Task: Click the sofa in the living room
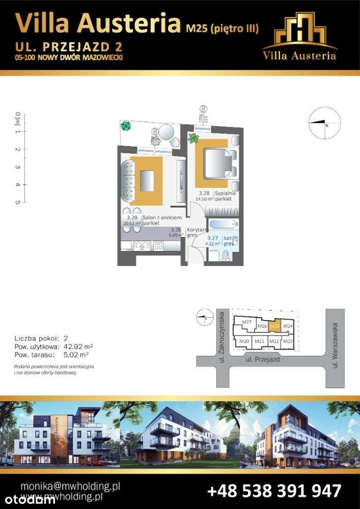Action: coord(126,180)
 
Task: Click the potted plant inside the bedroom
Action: coord(193,138)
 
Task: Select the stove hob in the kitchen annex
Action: coord(158,246)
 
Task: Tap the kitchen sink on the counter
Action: coord(140,246)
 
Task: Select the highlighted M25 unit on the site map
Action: coord(275,326)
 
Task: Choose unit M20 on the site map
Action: coord(244,341)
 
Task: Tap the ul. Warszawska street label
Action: coord(335,351)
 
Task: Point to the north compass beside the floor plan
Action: coord(324,125)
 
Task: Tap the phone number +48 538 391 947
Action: coord(274,491)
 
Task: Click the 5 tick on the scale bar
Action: coord(18,202)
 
